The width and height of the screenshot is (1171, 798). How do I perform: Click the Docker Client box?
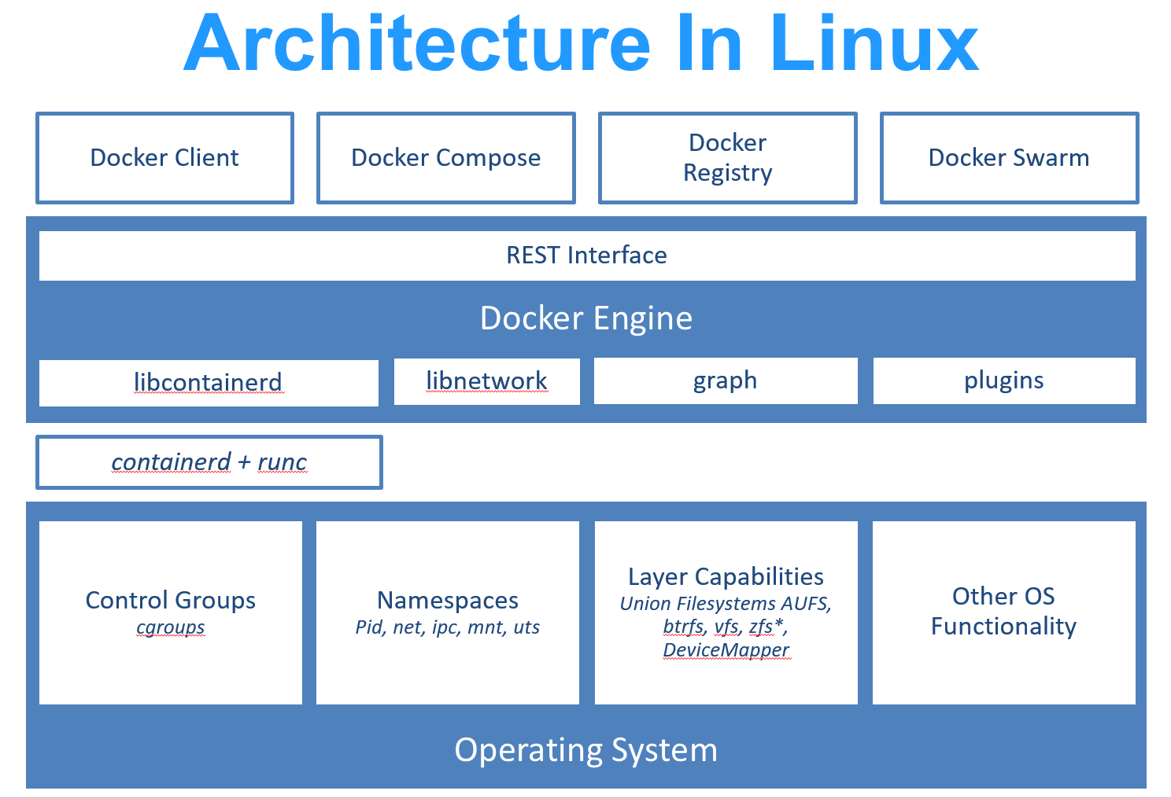tap(164, 158)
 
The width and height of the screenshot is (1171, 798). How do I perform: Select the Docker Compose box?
tap(445, 158)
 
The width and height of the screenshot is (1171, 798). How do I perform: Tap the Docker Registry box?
tap(727, 158)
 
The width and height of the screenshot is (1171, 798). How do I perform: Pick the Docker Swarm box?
tap(1009, 158)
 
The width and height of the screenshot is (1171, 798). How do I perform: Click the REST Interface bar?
tap(586, 256)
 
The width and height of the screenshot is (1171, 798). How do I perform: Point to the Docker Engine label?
tap(586, 318)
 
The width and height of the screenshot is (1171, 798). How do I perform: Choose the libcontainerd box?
tap(209, 383)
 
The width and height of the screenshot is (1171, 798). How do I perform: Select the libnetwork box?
tap(486, 381)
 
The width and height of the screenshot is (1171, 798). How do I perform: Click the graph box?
tap(725, 381)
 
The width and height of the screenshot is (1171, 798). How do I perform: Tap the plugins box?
tap(1003, 381)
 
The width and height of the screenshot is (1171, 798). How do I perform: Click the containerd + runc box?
tap(209, 462)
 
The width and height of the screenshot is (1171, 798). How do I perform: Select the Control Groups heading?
tap(170, 600)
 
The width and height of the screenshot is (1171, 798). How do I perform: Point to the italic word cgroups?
tap(170, 627)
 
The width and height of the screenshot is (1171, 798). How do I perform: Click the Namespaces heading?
tap(447, 600)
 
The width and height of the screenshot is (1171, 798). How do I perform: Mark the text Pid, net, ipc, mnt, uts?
tap(447, 627)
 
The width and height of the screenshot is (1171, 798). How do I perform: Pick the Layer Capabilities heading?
tap(726, 576)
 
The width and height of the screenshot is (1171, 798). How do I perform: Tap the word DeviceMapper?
tap(726, 650)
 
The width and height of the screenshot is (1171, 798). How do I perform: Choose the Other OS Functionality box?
tap(1003, 612)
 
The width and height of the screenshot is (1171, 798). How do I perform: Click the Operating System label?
tap(586, 750)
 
